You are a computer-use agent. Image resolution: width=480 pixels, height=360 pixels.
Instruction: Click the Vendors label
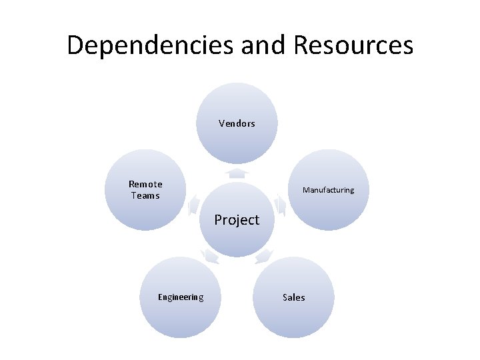[x=237, y=123]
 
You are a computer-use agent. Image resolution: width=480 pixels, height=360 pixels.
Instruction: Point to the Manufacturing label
[x=328, y=190]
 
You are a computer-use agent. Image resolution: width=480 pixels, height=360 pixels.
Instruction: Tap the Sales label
[x=293, y=297]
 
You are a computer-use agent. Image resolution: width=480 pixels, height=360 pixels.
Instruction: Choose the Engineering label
[x=181, y=297]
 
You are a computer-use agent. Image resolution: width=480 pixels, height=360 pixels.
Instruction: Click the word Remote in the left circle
[x=145, y=184]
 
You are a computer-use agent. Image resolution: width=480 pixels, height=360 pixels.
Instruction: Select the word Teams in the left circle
[x=145, y=195]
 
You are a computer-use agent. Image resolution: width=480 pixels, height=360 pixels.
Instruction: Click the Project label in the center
[x=237, y=219]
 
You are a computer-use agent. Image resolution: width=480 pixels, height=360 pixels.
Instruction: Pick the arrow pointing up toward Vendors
[x=237, y=173]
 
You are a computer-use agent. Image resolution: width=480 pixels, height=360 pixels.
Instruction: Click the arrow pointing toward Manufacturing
[x=280, y=205]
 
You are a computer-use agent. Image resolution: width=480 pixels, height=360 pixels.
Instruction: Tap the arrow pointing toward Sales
[x=264, y=255]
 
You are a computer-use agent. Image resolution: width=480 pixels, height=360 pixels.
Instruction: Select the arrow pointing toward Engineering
[x=210, y=255]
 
